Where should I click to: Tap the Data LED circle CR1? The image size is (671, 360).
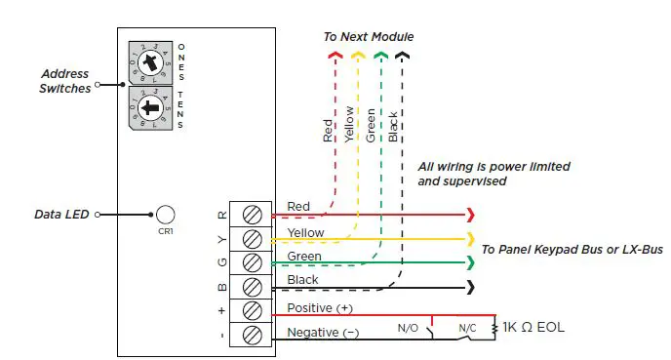pos(165,215)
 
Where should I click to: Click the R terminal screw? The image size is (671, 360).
pos(253,215)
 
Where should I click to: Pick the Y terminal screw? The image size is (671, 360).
pos(253,239)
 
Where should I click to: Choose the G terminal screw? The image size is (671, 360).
pos(253,263)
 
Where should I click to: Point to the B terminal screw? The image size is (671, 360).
pos(253,288)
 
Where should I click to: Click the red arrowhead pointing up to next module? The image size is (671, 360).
pos(335,56)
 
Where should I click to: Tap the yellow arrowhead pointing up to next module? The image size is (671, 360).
pos(358,56)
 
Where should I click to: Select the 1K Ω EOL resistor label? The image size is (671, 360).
pos(533,327)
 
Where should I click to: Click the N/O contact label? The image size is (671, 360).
pos(408,329)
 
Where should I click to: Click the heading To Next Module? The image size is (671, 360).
pos(369,37)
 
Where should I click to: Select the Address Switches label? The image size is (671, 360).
pos(65,81)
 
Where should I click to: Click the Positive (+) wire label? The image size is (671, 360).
pos(319,308)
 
